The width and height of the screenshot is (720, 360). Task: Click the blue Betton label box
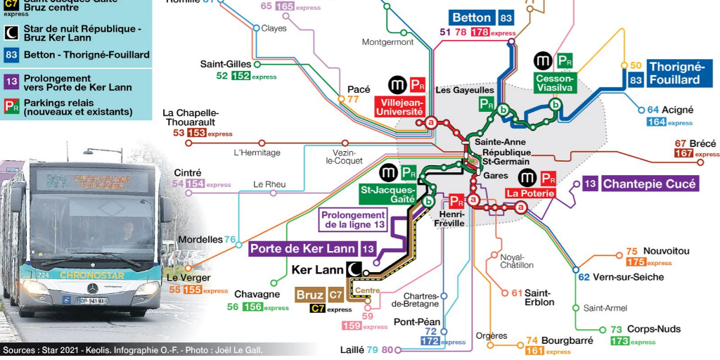472,18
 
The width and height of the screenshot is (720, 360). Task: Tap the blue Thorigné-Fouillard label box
675,73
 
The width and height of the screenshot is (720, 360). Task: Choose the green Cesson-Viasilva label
555,83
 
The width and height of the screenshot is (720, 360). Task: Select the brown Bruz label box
310,295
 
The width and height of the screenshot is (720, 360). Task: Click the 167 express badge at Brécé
683,153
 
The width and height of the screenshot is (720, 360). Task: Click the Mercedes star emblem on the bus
91,289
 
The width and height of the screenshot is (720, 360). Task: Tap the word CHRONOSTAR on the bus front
91,275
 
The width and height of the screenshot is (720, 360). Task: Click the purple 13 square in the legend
11,82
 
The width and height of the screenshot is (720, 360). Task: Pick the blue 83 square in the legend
11,55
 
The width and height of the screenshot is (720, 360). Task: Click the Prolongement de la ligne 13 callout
354,220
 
